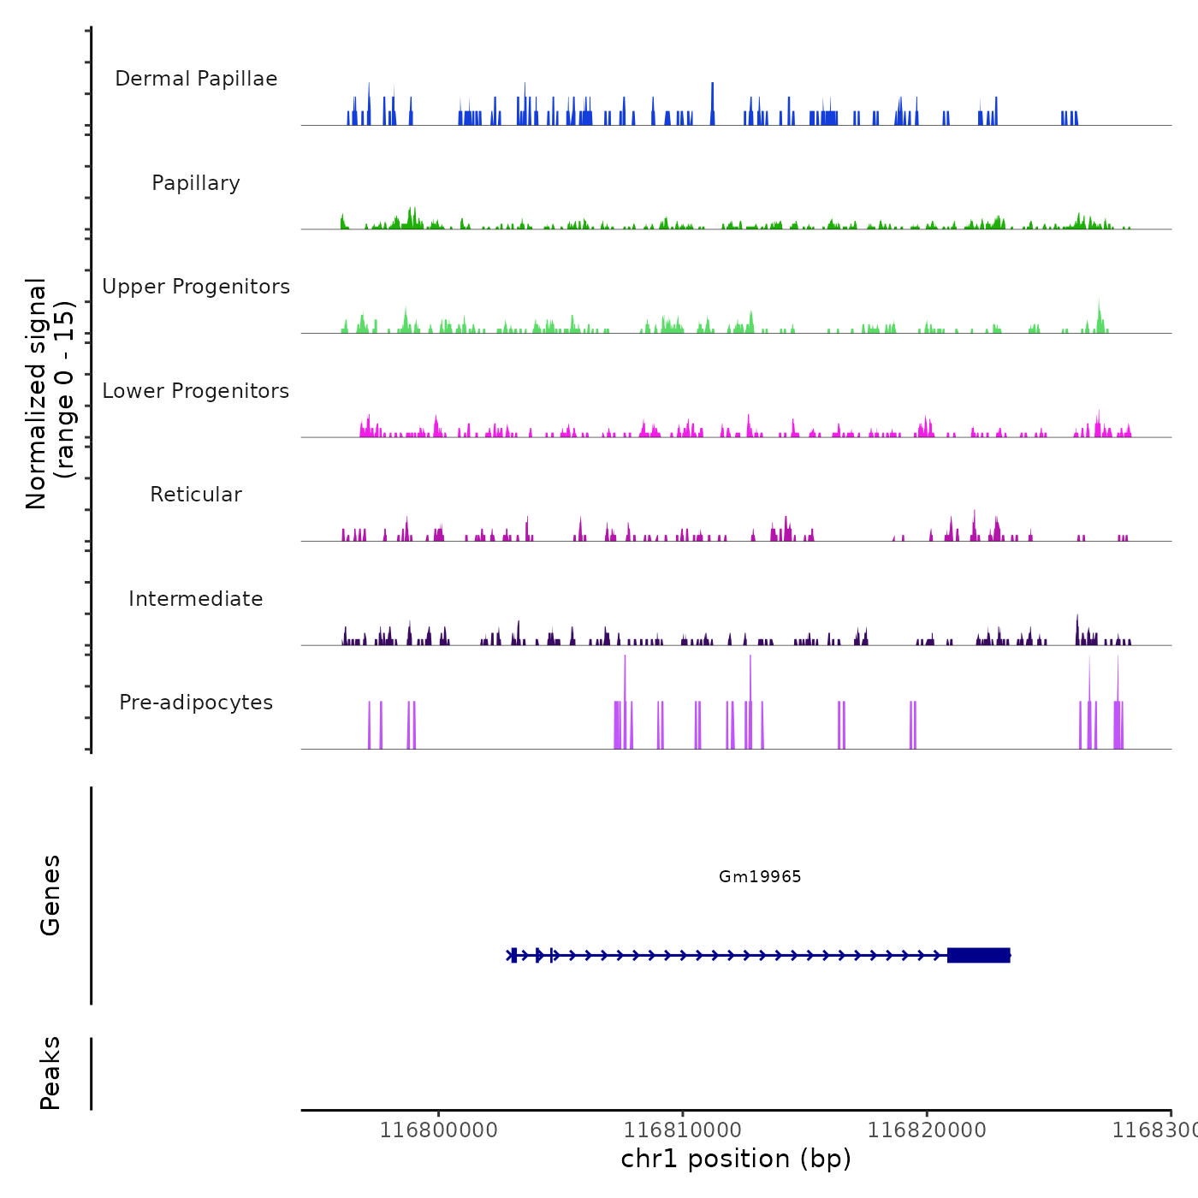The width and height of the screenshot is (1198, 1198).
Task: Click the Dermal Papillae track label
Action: coord(196,79)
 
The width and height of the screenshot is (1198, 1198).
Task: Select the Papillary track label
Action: coord(196,183)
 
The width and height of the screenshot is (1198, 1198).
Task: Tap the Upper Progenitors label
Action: coord(196,287)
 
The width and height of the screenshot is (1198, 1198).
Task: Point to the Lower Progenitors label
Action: coord(196,391)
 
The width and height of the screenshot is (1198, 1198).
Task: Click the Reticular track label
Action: coord(196,495)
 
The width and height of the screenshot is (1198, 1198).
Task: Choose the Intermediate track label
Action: coord(196,599)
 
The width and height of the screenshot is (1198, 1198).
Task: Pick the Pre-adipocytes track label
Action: coord(196,703)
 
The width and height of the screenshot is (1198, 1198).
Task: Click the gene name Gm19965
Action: coord(760,876)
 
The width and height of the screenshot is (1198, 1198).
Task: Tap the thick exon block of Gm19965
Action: coord(979,955)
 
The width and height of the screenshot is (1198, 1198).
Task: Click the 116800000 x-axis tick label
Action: coord(438,1130)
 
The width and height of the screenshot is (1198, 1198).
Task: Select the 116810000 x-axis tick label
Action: coord(683,1130)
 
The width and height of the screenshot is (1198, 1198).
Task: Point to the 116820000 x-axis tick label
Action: coord(927,1130)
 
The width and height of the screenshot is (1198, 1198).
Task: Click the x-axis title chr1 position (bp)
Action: coord(736,1159)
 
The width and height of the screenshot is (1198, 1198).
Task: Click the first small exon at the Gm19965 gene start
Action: coord(513,955)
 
